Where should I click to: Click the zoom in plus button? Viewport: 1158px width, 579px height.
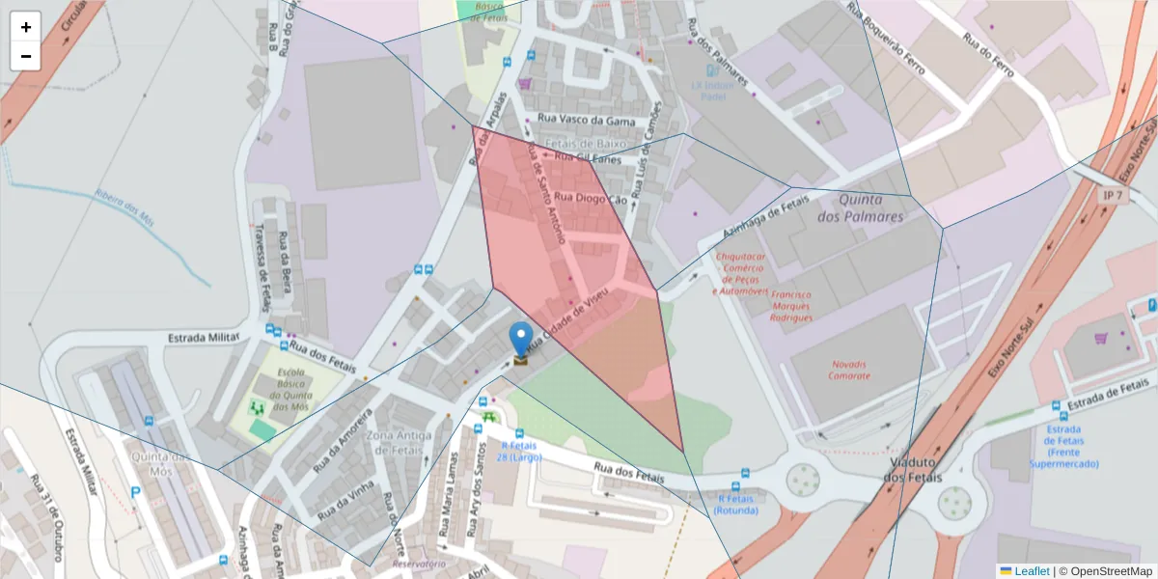click(25, 27)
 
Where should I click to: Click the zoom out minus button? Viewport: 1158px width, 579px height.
click(25, 56)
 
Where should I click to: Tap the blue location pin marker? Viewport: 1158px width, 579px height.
click(521, 340)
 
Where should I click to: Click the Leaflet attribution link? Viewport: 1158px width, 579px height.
click(1032, 571)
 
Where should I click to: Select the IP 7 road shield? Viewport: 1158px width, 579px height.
click(1113, 196)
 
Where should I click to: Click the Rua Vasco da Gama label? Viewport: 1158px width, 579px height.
click(587, 121)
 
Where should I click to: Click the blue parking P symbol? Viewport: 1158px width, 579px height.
click(136, 492)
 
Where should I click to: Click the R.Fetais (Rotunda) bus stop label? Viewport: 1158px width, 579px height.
click(737, 504)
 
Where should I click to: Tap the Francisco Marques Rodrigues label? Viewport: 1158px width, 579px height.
click(778, 306)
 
